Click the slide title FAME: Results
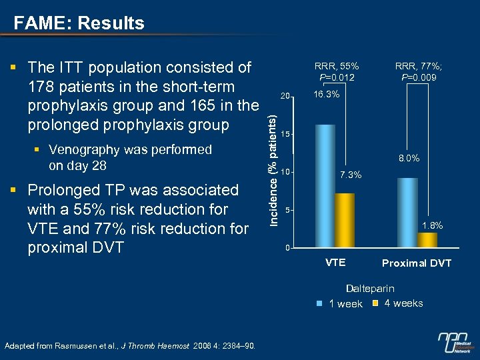pos(79,23)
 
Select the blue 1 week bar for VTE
pos(325,186)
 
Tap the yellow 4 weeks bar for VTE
pos(345,221)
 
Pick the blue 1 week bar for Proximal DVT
pos(407,213)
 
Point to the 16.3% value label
pos(326,95)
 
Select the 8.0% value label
pos(408,159)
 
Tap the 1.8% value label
pos(431,225)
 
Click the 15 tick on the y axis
pos(285,135)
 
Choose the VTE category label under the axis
pos(335,263)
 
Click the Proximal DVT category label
pos(417,263)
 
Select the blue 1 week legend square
pos(319,303)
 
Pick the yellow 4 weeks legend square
pos(375,303)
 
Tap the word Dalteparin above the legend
pos(369,289)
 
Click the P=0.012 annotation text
pos(337,78)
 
